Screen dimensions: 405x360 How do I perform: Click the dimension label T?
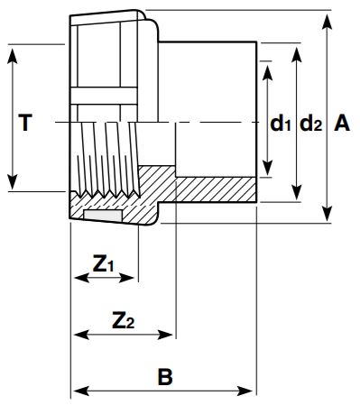(26, 122)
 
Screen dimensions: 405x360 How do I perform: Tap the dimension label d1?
(281, 123)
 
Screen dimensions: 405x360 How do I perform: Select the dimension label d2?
(309, 123)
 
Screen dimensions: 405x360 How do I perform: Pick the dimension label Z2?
(123, 319)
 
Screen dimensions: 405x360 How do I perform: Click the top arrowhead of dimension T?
(14, 51)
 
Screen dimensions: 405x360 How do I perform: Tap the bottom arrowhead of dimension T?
(14, 184)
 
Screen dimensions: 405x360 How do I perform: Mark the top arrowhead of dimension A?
(326, 16)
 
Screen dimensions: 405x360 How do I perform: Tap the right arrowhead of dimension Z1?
(134, 279)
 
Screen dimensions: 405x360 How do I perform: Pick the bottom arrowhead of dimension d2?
(297, 197)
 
